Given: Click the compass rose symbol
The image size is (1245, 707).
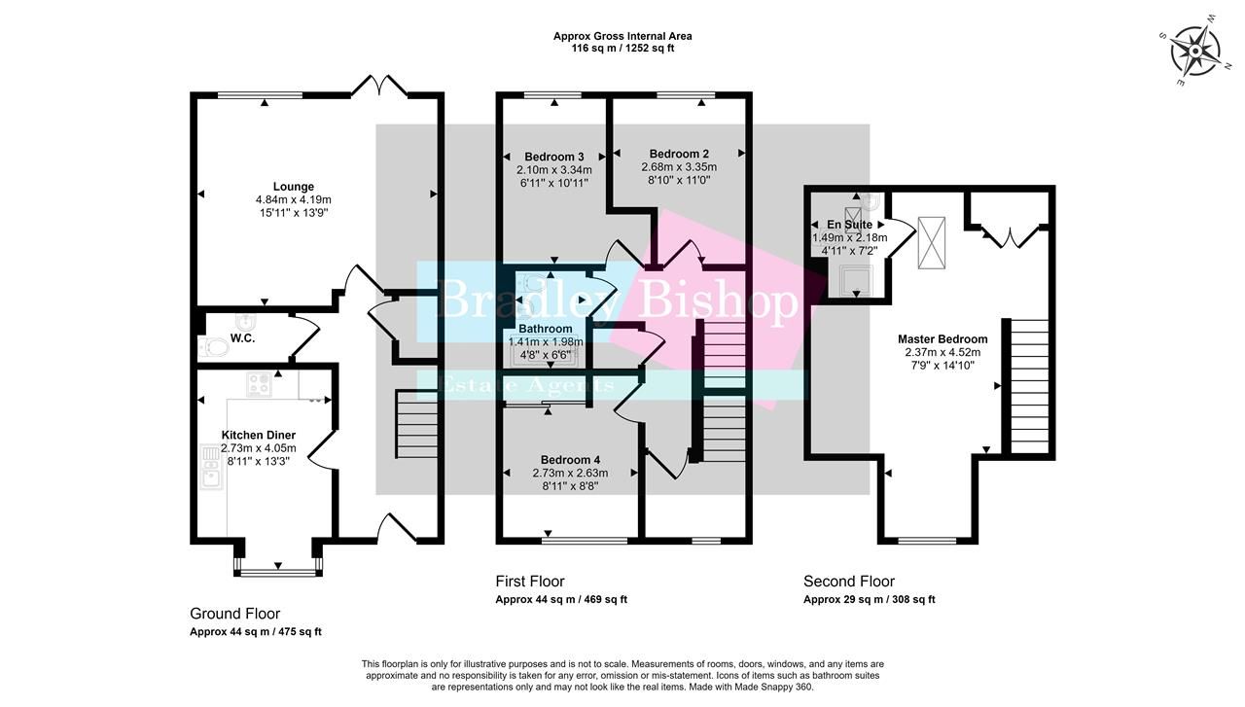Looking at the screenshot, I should pyautogui.click(x=1194, y=51).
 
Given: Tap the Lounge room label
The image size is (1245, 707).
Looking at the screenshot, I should pyautogui.click(x=293, y=187).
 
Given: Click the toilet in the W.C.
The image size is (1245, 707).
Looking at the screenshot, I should pyautogui.click(x=213, y=345).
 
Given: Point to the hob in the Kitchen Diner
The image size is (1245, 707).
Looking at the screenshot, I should pyautogui.click(x=259, y=384).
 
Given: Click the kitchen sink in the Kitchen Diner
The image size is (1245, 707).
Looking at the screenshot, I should pyautogui.click(x=211, y=467).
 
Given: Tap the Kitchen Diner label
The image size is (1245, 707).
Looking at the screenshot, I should pyautogui.click(x=258, y=435).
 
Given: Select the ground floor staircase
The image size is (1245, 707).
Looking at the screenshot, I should pyautogui.click(x=418, y=424).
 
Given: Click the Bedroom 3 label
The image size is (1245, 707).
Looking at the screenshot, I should pyautogui.click(x=553, y=157).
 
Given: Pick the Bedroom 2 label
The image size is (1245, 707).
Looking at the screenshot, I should pyautogui.click(x=679, y=154).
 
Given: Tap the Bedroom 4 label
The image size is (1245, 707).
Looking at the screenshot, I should pyautogui.click(x=570, y=460).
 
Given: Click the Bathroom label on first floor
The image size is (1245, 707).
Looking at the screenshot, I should pyautogui.click(x=545, y=330).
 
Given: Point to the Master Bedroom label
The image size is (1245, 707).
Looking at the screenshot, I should pyautogui.click(x=942, y=339).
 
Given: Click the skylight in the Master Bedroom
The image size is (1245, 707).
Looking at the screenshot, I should pyautogui.click(x=933, y=241).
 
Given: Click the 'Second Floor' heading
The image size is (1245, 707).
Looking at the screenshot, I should pyautogui.click(x=848, y=582).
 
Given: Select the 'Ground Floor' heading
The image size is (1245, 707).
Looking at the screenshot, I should pyautogui.click(x=234, y=614).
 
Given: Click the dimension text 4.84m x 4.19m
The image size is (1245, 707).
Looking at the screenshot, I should pyautogui.click(x=293, y=199).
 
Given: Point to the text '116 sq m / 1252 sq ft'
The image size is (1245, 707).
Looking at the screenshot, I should pyautogui.click(x=622, y=48).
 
